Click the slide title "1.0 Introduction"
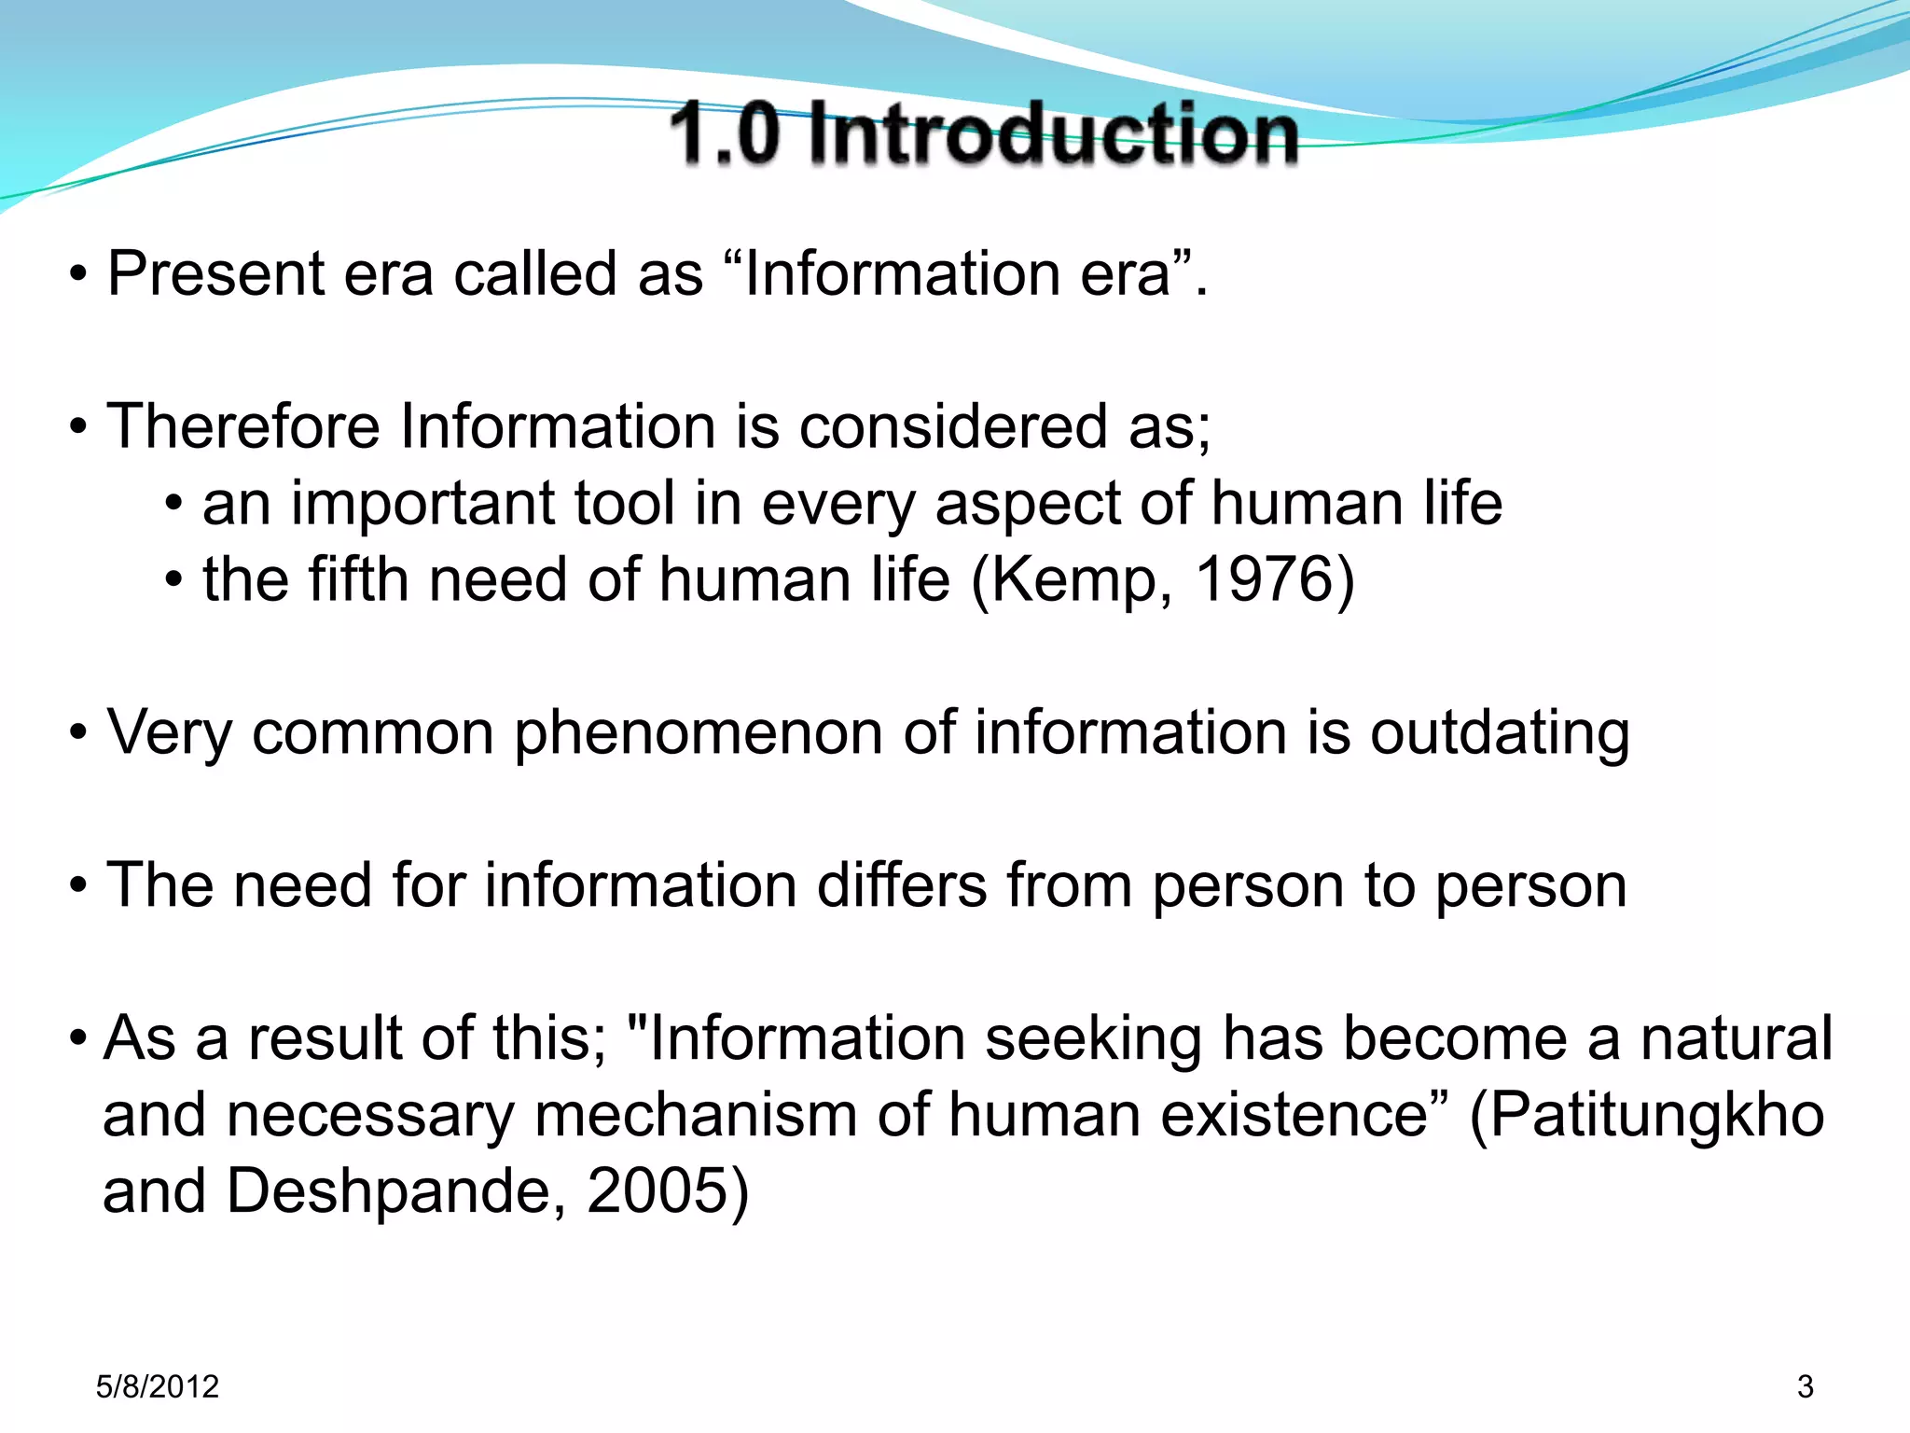coord(983,133)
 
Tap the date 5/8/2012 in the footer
coord(157,1386)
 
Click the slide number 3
coord(1806,1386)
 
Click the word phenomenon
coord(699,733)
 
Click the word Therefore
coord(243,426)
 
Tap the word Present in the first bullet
coord(216,274)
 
